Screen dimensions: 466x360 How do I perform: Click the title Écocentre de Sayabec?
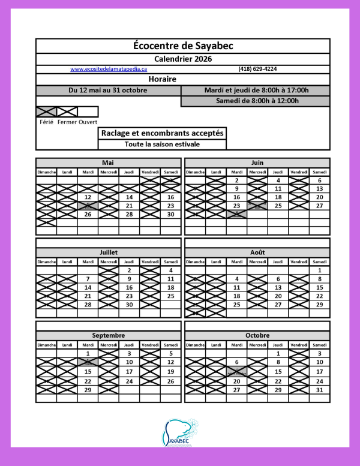pyautogui.click(x=183, y=46)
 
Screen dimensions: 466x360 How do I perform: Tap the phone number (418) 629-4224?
pyautogui.click(x=257, y=69)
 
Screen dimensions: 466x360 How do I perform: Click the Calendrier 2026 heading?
pyautogui.click(x=183, y=59)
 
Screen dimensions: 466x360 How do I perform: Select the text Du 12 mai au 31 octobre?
pyautogui.click(x=108, y=91)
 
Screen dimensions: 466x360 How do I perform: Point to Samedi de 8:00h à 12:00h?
pyautogui.click(x=257, y=101)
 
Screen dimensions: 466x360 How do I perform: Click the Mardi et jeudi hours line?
pyautogui.click(x=256, y=91)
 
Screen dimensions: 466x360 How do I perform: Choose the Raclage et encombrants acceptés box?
pyautogui.click(x=163, y=133)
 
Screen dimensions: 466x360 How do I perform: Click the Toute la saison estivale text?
pyautogui.click(x=163, y=145)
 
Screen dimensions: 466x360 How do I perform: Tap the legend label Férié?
pyautogui.click(x=46, y=122)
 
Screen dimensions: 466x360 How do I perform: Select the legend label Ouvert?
pyautogui.click(x=88, y=122)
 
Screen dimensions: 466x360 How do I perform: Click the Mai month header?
pyautogui.click(x=108, y=163)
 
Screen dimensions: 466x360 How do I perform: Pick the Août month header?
pyautogui.click(x=257, y=252)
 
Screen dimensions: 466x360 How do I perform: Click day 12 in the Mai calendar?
pyautogui.click(x=88, y=197)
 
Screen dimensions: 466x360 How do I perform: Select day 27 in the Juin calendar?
pyautogui.click(x=320, y=206)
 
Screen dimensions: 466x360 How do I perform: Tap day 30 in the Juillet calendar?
pyautogui.click(x=129, y=305)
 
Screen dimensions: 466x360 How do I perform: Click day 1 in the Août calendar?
pyautogui.click(x=320, y=270)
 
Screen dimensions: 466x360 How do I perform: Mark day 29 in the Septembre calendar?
pyautogui.click(x=88, y=390)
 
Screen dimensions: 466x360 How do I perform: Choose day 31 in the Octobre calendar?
pyautogui.click(x=320, y=390)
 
